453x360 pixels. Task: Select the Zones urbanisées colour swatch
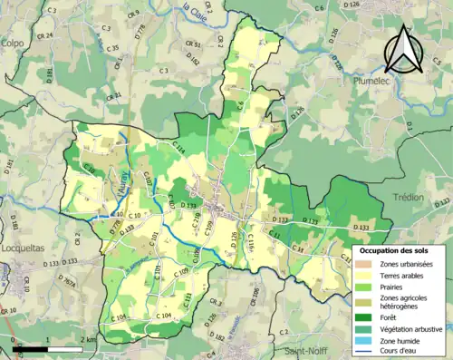[x=364, y=263]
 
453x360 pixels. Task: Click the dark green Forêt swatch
[x=364, y=317]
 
